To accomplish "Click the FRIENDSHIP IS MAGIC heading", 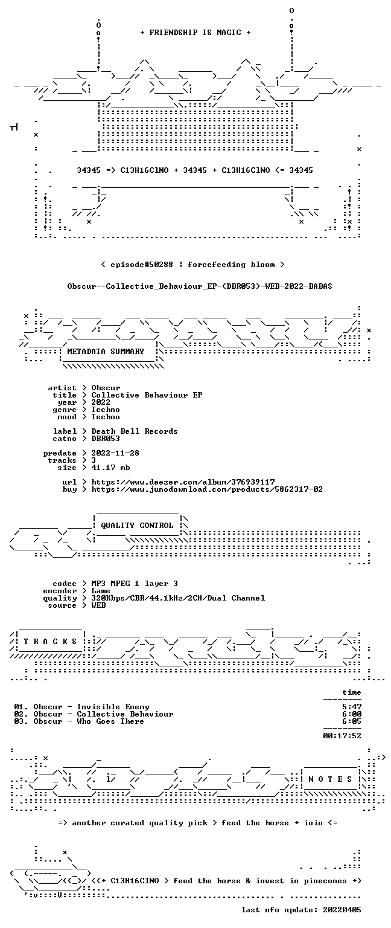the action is coord(195,32).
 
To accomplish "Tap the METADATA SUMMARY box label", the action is coord(106,351).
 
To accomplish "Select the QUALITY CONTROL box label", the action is coord(137,525).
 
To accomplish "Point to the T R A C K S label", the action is coord(51,641).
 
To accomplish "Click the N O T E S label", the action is coord(330,779).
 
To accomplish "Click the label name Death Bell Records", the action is coord(135,431).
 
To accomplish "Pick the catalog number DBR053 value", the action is coord(106,438).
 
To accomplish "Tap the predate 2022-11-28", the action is coord(115,453).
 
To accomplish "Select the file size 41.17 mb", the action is coord(110,467).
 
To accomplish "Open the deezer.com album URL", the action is coord(183,482).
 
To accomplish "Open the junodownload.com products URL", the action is coord(207,489).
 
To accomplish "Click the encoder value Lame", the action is coord(101,591).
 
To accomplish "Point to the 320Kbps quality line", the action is coord(179,598).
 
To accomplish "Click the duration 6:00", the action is coord(352,714).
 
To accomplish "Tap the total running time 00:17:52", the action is coord(342,736).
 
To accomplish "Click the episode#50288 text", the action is coord(142,264).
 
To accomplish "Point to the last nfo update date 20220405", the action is coord(342,910).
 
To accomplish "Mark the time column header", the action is coord(352,692).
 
